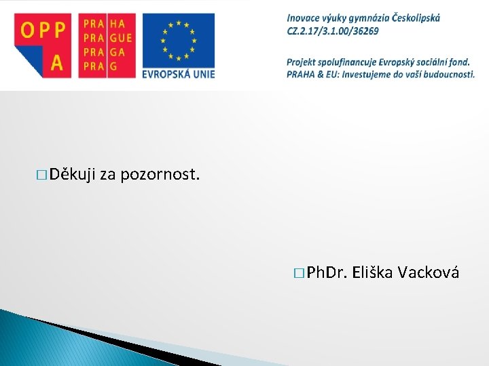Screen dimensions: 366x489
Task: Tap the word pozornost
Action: (160, 176)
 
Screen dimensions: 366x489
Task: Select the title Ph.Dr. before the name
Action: (327, 272)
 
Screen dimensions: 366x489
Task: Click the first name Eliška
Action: (373, 272)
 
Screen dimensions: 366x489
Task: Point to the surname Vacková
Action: (429, 272)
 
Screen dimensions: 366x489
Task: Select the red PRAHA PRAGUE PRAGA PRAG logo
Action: (107, 45)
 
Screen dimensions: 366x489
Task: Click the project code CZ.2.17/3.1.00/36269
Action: (333, 30)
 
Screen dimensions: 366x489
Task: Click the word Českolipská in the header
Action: (416, 18)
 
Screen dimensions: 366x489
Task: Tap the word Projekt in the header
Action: (304, 62)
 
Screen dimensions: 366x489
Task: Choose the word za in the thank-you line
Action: (107, 176)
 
